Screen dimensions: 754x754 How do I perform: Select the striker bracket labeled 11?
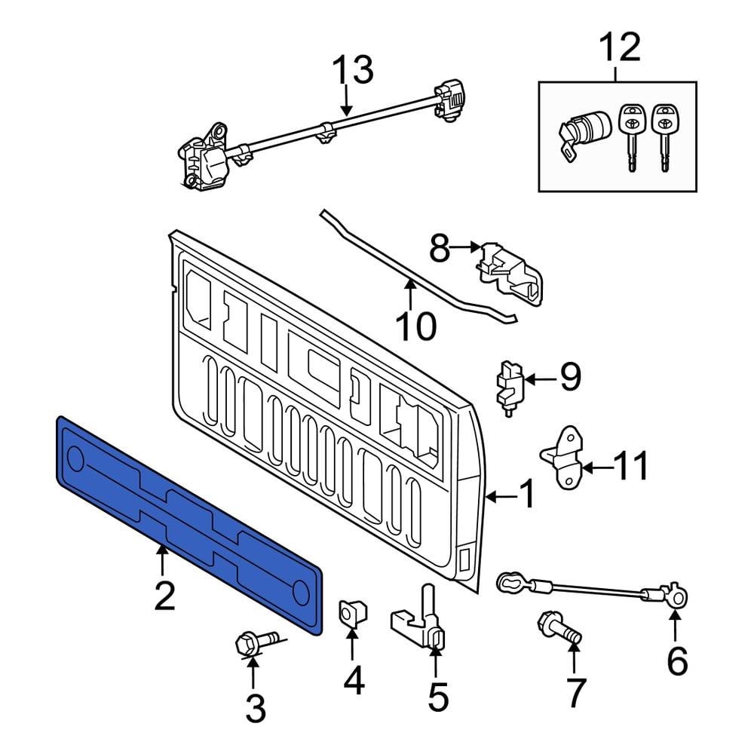click(x=562, y=456)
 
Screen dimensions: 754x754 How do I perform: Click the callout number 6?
click(x=676, y=661)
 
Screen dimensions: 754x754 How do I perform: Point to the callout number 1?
click(x=526, y=495)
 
